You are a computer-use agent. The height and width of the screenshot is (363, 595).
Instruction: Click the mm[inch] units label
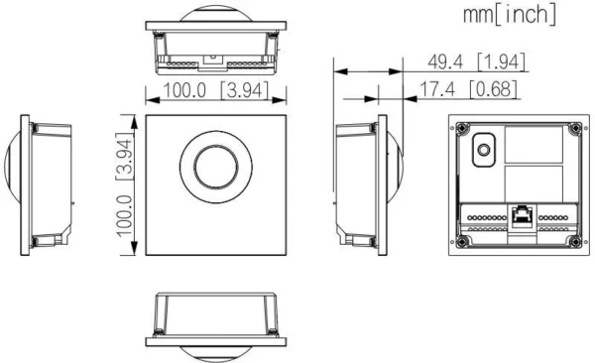[x=510, y=16]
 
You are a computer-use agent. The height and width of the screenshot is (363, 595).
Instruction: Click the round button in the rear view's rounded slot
[x=483, y=150]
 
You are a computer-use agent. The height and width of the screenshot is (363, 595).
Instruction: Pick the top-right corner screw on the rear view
[x=575, y=128]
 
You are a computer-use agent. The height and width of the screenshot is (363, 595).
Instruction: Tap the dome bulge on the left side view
[x=13, y=184]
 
